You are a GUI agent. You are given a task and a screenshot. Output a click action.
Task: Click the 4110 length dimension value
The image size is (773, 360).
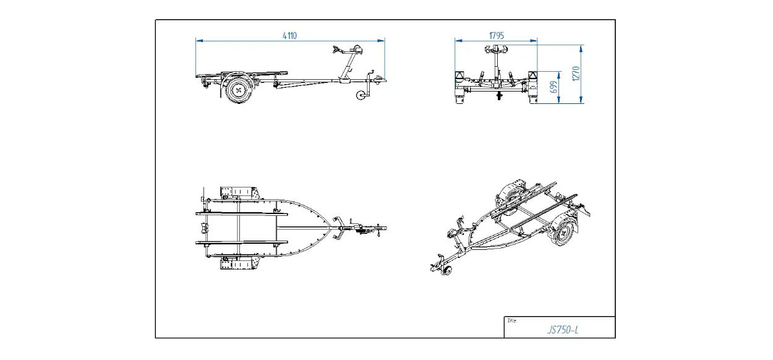pyautogui.click(x=289, y=35)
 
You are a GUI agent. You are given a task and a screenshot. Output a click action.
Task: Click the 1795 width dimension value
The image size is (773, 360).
pyautogui.click(x=497, y=35)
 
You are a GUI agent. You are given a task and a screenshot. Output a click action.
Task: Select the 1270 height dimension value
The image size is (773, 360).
pyautogui.click(x=576, y=74)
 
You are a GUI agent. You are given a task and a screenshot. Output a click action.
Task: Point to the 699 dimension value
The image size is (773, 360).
pyautogui.click(x=553, y=87)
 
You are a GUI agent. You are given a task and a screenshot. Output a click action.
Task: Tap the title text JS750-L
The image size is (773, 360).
pyautogui.click(x=563, y=330)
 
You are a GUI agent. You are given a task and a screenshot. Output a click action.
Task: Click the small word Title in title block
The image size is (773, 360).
pyautogui.click(x=511, y=320)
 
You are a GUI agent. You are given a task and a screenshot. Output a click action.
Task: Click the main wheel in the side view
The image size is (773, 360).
pyautogui.click(x=239, y=90)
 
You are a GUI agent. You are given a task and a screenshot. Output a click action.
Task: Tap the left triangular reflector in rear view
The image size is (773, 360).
pyautogui.click(x=459, y=76)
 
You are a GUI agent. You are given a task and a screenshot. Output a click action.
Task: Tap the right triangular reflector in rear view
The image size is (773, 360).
pyautogui.click(x=533, y=76)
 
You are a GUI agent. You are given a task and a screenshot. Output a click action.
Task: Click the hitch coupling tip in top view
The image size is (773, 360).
pyautogui.click(x=384, y=228)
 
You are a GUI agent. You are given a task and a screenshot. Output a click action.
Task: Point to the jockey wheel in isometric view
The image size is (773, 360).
pyautogui.click(x=448, y=270)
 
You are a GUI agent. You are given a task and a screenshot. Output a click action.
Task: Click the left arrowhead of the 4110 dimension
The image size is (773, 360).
pyautogui.click(x=199, y=41)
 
